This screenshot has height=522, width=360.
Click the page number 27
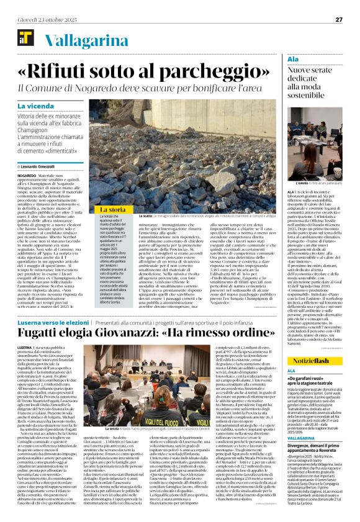click(339, 19)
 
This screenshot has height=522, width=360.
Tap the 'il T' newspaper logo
click(26, 40)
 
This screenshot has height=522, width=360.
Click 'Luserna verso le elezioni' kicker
click(55, 323)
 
